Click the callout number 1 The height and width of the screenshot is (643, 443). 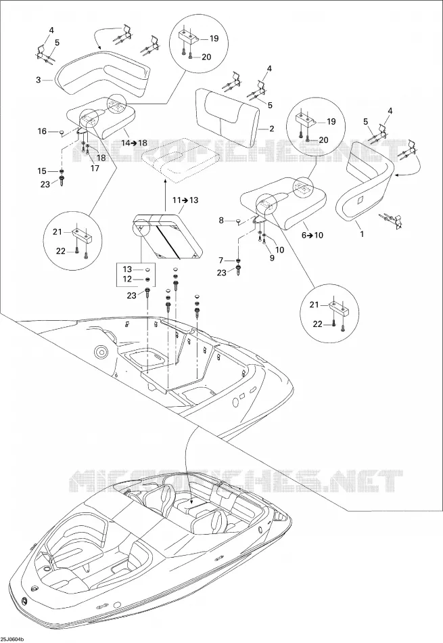coord(361,234)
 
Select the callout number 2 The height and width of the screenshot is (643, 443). coord(271,129)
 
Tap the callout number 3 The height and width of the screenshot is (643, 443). coord(39,80)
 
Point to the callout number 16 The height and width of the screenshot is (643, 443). coord(42,131)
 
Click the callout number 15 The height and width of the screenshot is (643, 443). coord(42,171)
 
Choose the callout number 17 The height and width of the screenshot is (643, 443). coord(95,168)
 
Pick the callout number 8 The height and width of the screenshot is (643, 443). coord(221,221)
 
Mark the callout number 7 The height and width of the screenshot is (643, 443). coord(221,261)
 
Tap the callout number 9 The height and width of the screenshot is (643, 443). coord(272,258)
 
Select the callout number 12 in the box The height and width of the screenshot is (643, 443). coord(127,280)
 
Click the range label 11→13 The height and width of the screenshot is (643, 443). coord(185,200)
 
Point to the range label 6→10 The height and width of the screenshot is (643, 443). coord(312,235)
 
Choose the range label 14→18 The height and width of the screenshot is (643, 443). coord(134,143)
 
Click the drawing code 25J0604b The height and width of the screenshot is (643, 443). coord(12,640)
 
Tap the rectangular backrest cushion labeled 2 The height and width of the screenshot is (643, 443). coord(227,109)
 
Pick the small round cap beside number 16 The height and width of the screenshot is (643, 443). coord(61,132)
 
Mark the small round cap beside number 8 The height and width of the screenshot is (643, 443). coord(238,221)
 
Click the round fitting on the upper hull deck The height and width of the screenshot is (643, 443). coord(100,351)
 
